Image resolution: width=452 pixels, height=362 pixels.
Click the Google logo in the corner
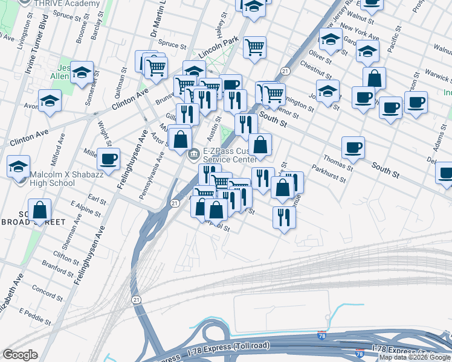[20, 355]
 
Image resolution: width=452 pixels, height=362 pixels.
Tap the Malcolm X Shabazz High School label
[52, 179]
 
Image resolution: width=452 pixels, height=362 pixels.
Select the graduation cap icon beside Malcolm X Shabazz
[19, 166]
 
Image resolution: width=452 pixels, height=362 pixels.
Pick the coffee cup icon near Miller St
[109, 159]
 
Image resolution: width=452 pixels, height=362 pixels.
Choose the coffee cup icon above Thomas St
[353, 147]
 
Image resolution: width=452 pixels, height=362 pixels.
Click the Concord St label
[44, 290]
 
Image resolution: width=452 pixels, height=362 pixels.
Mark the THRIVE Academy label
[68, 4]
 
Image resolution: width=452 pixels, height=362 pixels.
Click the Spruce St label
[173, 45]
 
